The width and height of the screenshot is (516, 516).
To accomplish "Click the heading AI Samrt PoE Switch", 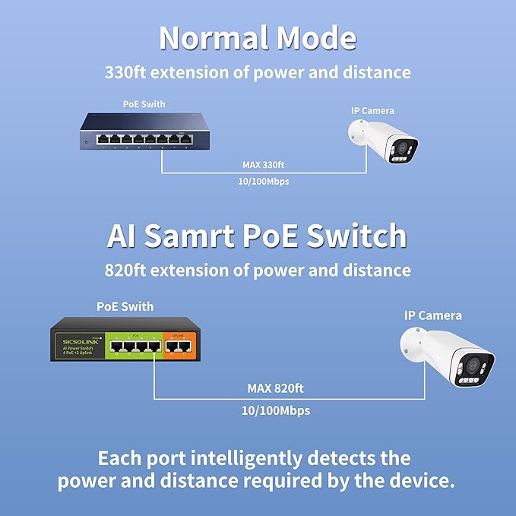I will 258,236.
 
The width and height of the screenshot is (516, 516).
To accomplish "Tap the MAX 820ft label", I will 275,388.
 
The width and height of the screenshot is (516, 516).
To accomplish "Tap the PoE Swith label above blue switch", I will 144,104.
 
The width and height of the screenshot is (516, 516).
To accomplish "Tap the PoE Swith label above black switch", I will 125,307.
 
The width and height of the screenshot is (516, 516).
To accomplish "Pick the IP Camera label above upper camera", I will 372,111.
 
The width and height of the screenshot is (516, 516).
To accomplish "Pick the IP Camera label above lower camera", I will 432,315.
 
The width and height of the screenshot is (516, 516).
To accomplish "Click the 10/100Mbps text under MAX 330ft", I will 264,182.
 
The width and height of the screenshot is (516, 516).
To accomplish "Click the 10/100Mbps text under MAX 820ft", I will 275,410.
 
